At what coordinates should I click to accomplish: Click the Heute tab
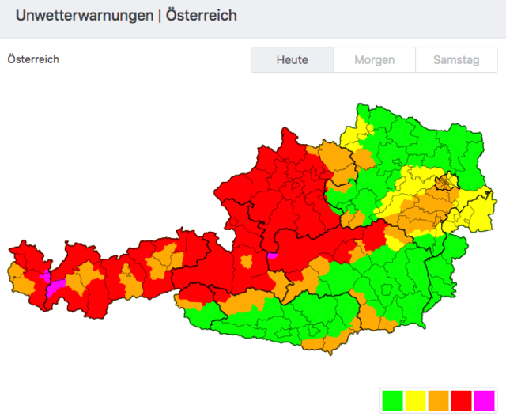point(292,60)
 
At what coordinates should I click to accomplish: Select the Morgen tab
point(374,60)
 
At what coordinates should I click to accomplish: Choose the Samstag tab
point(456,60)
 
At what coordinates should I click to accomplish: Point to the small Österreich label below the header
point(33,59)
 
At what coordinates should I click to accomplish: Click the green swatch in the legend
point(392,400)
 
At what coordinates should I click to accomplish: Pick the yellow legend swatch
point(415,400)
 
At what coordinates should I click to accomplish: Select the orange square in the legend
point(438,400)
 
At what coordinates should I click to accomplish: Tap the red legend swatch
point(461,400)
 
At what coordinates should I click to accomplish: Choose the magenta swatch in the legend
point(484,400)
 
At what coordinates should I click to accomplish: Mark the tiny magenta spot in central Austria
point(273,255)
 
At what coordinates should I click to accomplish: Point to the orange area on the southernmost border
point(324,343)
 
